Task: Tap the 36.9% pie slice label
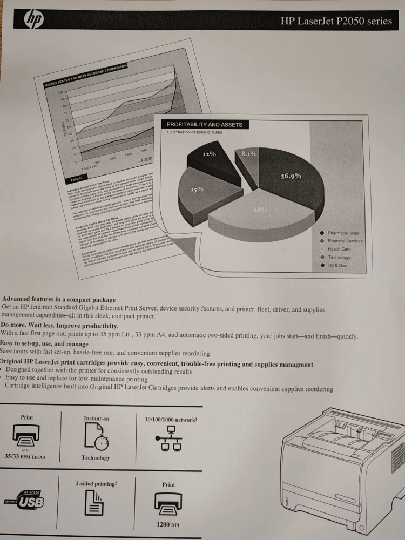pos(291,176)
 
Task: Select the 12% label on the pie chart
pos(209,154)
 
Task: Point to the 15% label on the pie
pos(197,190)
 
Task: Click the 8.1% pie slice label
pos(249,154)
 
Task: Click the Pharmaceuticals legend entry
pos(343,233)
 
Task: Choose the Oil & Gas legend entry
pos(337,266)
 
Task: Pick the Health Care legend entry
pos(339,249)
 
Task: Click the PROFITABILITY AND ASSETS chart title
pos(204,125)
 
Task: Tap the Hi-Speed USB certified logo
pos(24,500)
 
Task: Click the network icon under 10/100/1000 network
pos(168,438)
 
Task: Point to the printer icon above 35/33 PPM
pos(26,433)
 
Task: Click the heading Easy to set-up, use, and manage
pos(44,343)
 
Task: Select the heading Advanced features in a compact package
pos(59,300)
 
